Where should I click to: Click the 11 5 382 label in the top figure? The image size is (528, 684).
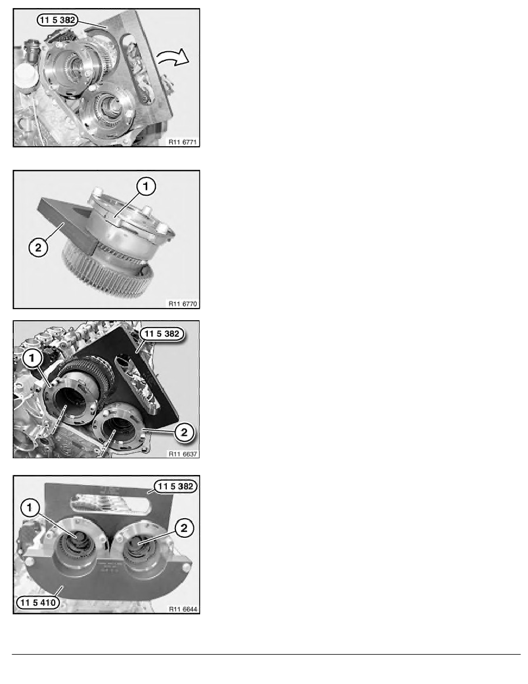pyautogui.click(x=58, y=20)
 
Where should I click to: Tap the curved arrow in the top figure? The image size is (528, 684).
pyautogui.click(x=173, y=57)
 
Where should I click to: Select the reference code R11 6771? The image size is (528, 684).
pyautogui.click(x=182, y=142)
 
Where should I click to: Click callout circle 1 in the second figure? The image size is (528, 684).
pyautogui.click(x=146, y=187)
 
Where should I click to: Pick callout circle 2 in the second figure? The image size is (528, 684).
pyautogui.click(x=39, y=248)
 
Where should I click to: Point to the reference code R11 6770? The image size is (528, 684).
pyautogui.click(x=182, y=303)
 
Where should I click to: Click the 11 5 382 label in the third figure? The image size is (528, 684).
pyautogui.click(x=162, y=334)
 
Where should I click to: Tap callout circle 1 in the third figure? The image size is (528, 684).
pyautogui.click(x=32, y=359)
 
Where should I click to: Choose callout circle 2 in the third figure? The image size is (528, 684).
pyautogui.click(x=184, y=432)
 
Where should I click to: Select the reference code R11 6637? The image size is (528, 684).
pyautogui.click(x=182, y=454)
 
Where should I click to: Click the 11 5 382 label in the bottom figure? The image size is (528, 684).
pyautogui.click(x=175, y=487)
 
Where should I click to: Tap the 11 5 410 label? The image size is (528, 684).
pyautogui.click(x=38, y=602)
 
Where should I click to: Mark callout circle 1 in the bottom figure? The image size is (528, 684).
pyautogui.click(x=30, y=508)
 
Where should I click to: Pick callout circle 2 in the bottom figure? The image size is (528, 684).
pyautogui.click(x=184, y=528)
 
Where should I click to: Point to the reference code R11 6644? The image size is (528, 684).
pyautogui.click(x=182, y=609)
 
